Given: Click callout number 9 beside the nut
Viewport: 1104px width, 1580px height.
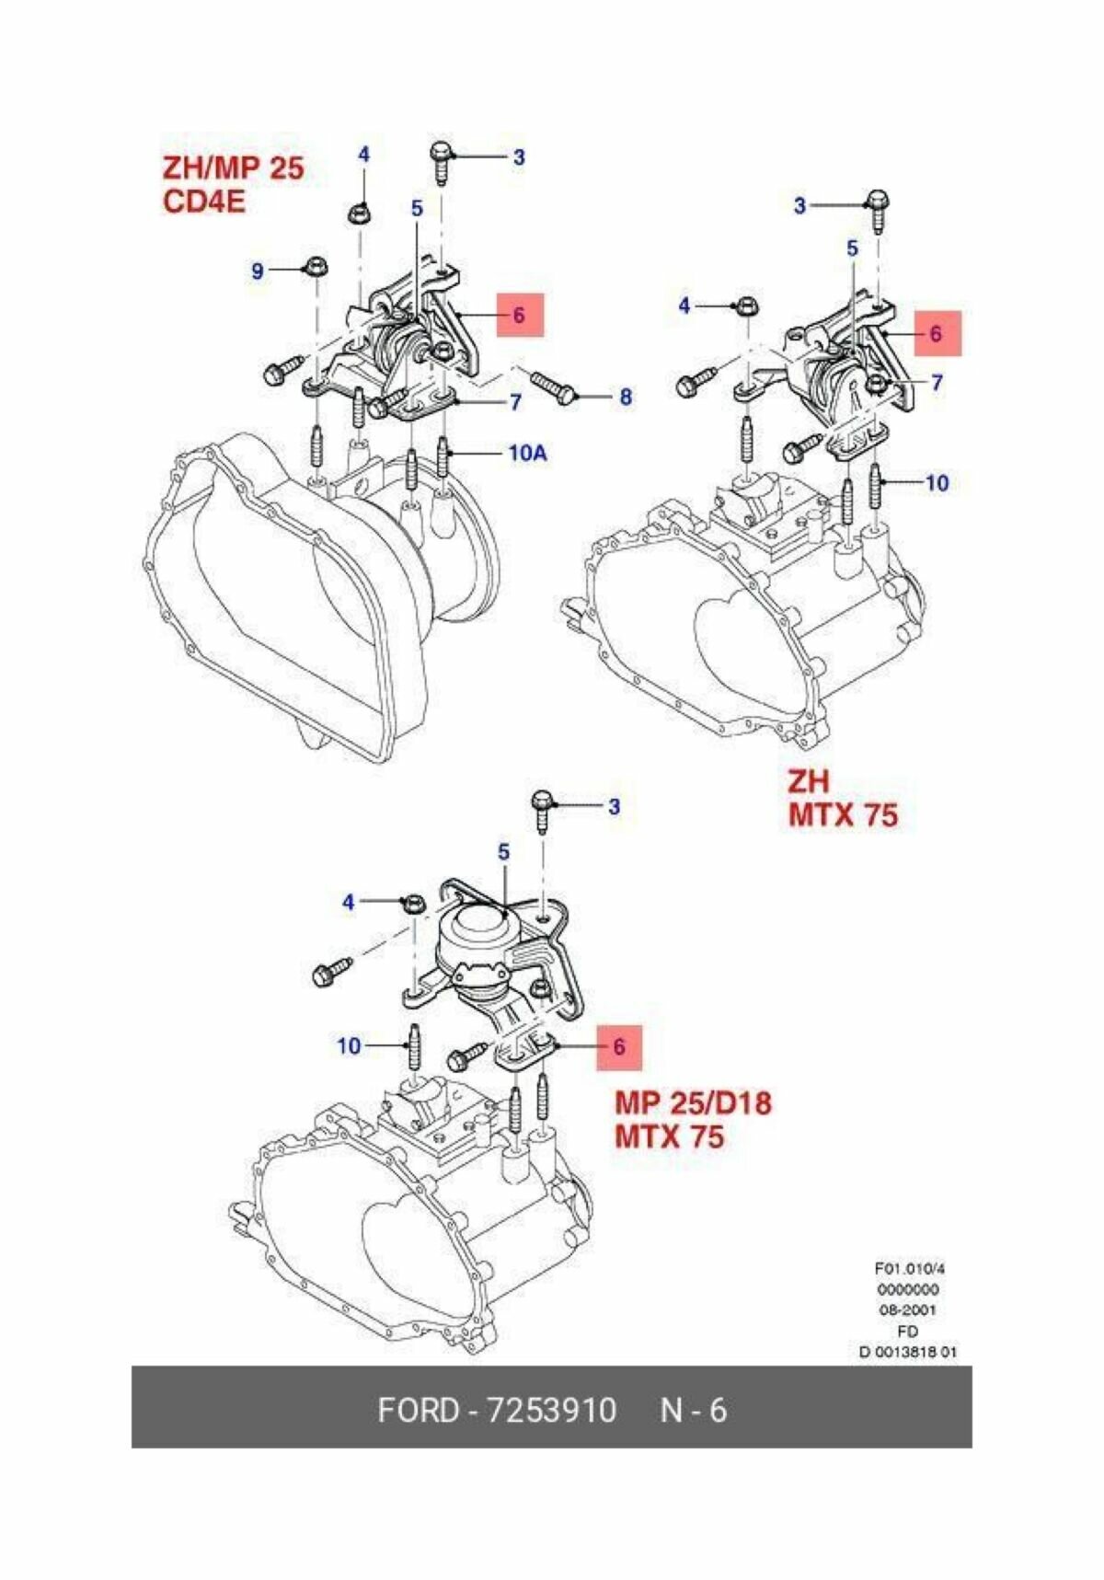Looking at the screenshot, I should pyautogui.click(x=258, y=271).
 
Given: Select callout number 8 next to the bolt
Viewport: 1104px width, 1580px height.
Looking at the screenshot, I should pyautogui.click(x=625, y=397).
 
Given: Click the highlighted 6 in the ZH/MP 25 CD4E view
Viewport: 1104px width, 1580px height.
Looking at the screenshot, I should pyautogui.click(x=519, y=315).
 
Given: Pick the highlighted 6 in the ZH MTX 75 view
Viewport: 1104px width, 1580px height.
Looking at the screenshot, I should pyautogui.click(x=936, y=333).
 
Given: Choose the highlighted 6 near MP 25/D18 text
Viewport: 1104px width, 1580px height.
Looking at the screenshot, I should pyautogui.click(x=618, y=1046).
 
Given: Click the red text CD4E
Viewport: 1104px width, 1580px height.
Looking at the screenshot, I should pyautogui.click(x=204, y=201).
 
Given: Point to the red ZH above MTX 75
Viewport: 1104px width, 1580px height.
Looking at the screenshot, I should pyautogui.click(x=808, y=781).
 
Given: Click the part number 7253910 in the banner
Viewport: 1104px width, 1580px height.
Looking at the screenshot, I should pyautogui.click(x=551, y=1410).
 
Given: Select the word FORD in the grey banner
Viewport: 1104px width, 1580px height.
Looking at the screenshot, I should pyautogui.click(x=418, y=1410).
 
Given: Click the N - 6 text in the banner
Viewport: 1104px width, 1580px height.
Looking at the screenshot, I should pyautogui.click(x=693, y=1410).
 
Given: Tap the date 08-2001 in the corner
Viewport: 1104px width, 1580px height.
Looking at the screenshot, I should pyautogui.click(x=907, y=1309).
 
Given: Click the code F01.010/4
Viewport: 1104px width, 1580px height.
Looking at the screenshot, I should pyautogui.click(x=909, y=1268).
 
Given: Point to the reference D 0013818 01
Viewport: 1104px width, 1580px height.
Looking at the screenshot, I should pyautogui.click(x=907, y=1352).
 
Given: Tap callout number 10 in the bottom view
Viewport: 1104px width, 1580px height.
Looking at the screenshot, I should pyautogui.click(x=349, y=1045).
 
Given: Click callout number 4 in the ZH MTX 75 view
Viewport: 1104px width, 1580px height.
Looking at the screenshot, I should pyautogui.click(x=684, y=305).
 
